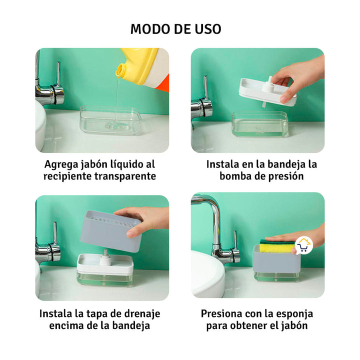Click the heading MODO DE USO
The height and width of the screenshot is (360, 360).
pyautogui.click(x=175, y=28)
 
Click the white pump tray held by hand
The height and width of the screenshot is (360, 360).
pyautogui.click(x=265, y=90)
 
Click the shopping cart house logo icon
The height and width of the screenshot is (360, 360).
pyautogui.click(x=303, y=245)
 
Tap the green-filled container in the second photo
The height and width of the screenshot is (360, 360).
pyautogui.click(x=259, y=125)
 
